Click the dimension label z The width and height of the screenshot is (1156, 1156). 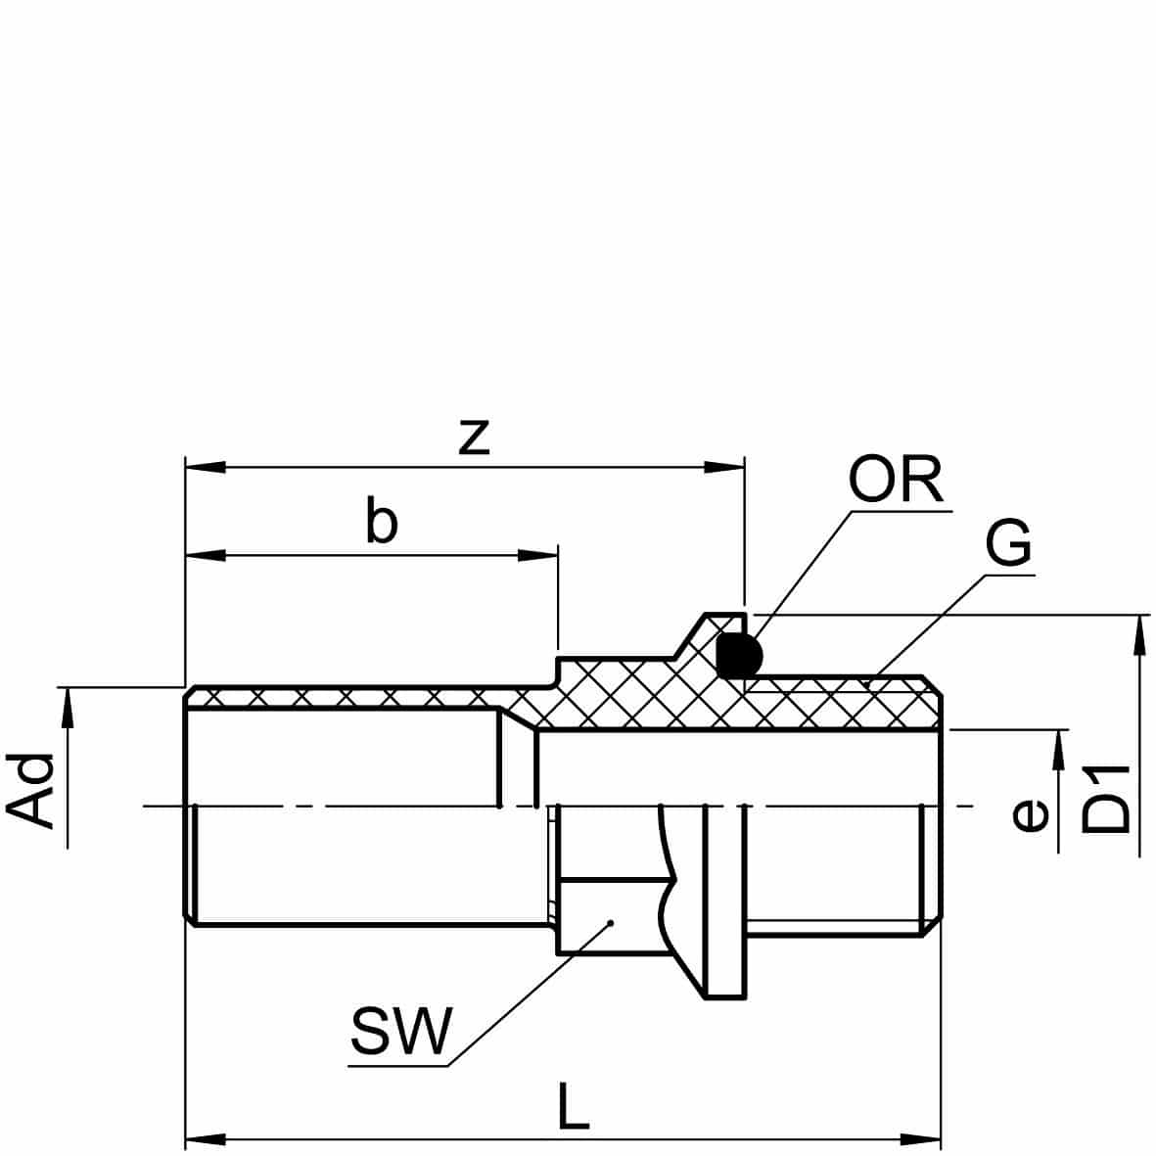(474, 438)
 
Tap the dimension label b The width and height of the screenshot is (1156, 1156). (382, 523)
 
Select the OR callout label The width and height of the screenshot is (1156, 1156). (895, 481)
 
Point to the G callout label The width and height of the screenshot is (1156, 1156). (1007, 545)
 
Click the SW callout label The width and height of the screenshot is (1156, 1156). (401, 1031)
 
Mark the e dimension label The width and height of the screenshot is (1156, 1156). (1029, 814)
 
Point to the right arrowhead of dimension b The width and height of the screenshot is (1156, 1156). (539, 556)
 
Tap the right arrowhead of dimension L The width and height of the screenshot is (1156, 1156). (921, 1139)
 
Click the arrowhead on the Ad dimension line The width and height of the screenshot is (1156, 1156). (68, 705)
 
